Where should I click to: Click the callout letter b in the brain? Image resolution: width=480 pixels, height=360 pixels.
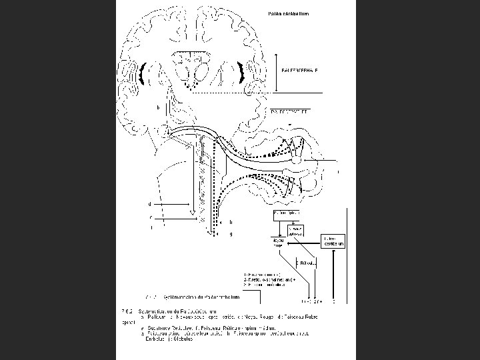click(157, 107)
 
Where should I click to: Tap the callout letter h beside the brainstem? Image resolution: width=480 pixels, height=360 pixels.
click(231, 221)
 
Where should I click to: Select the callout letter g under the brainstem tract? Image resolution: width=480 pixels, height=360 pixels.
click(231, 234)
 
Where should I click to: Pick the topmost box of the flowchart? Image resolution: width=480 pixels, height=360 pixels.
click(286, 214)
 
